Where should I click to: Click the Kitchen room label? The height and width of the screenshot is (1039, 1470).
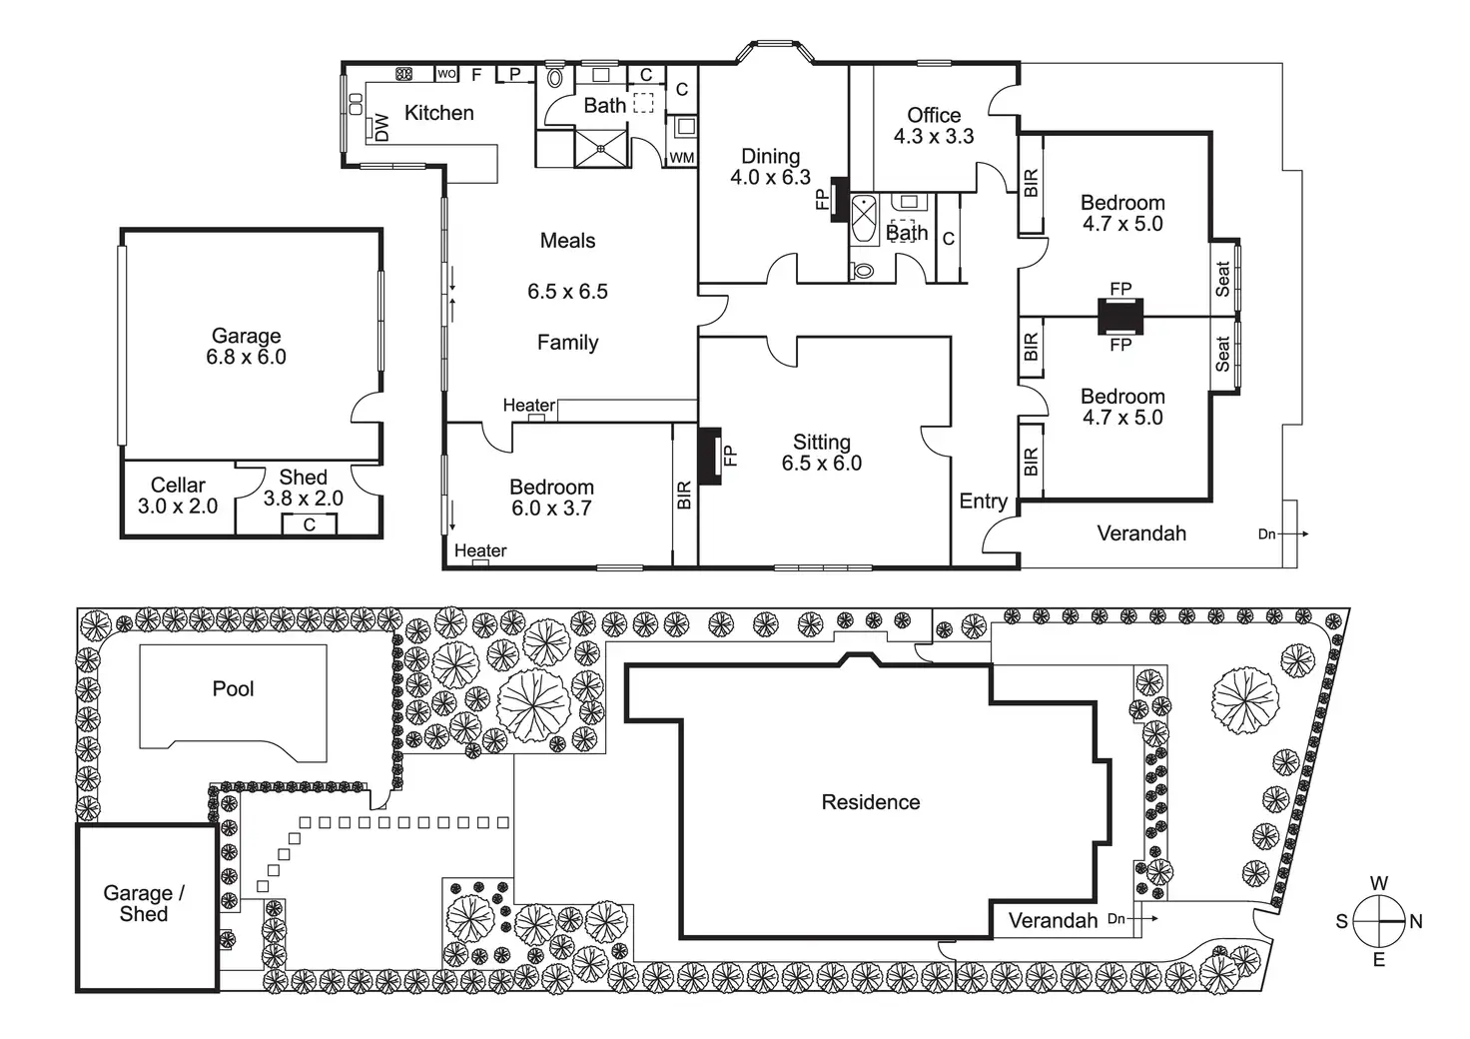(x=438, y=113)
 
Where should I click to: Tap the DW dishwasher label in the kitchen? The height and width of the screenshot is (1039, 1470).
(x=380, y=128)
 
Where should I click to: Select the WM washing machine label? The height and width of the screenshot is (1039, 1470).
(x=681, y=158)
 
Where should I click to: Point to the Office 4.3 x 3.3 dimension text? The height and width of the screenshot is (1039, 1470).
(x=934, y=137)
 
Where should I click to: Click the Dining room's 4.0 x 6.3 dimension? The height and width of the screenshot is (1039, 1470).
(x=770, y=178)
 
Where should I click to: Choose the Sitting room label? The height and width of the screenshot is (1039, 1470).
(x=822, y=442)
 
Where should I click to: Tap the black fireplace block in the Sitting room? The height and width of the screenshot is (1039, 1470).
(x=709, y=457)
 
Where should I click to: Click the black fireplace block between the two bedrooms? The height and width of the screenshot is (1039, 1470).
(x=1120, y=317)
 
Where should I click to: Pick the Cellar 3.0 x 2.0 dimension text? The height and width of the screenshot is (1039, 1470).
(x=178, y=507)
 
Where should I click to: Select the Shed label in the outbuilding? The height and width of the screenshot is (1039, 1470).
(x=303, y=478)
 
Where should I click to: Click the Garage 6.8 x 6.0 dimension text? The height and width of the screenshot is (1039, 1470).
(x=246, y=358)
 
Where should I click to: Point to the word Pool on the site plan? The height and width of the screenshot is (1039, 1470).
(x=233, y=689)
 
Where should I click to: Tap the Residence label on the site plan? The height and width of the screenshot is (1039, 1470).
(x=871, y=802)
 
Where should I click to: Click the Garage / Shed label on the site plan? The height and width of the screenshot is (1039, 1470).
(x=144, y=904)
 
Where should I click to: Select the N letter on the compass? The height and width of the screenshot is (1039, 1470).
(x=1416, y=922)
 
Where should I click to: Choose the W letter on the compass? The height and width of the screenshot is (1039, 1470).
(x=1379, y=883)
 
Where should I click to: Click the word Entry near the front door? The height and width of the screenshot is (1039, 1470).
(x=983, y=502)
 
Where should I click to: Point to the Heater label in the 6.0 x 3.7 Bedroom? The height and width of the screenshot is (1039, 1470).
(x=480, y=550)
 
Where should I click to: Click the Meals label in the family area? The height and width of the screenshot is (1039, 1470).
(x=567, y=241)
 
